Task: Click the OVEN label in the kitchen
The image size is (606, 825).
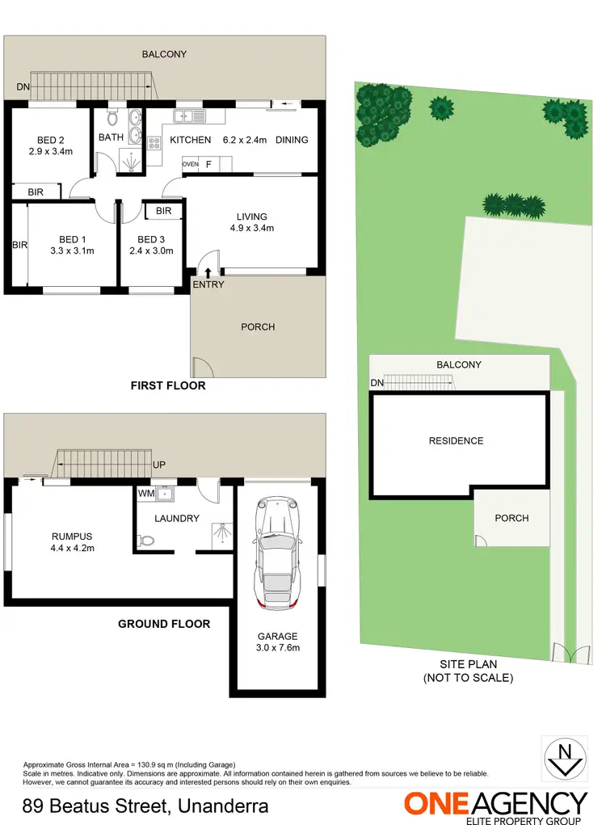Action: point(190,164)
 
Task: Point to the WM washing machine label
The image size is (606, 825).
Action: point(146,492)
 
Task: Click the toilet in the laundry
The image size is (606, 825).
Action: point(145,541)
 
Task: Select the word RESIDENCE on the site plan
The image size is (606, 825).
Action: point(457,441)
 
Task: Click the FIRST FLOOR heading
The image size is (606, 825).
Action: point(168,386)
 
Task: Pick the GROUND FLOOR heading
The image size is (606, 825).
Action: point(164,624)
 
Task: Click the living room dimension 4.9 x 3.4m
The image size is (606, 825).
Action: point(251,228)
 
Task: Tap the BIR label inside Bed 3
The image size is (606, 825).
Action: point(164,212)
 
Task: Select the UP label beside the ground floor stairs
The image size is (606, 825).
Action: point(159,466)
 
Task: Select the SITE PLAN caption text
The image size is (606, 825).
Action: point(468,664)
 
